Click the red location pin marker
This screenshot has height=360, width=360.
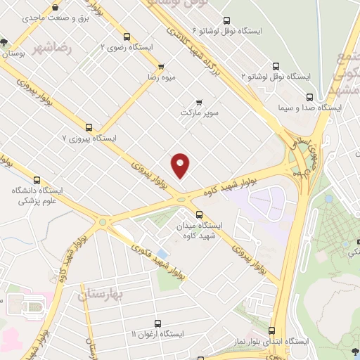coord(181,165)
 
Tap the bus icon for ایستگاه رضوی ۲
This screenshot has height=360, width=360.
coord(127,37)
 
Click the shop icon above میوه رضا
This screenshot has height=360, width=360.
coord(161,67)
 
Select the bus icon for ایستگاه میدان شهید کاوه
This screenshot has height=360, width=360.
coord(199,214)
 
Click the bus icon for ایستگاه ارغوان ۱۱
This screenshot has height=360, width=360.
coord(156,324)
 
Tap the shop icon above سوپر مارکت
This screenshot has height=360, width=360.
coord(199,102)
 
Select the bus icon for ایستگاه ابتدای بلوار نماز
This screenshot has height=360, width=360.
coord(272,329)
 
